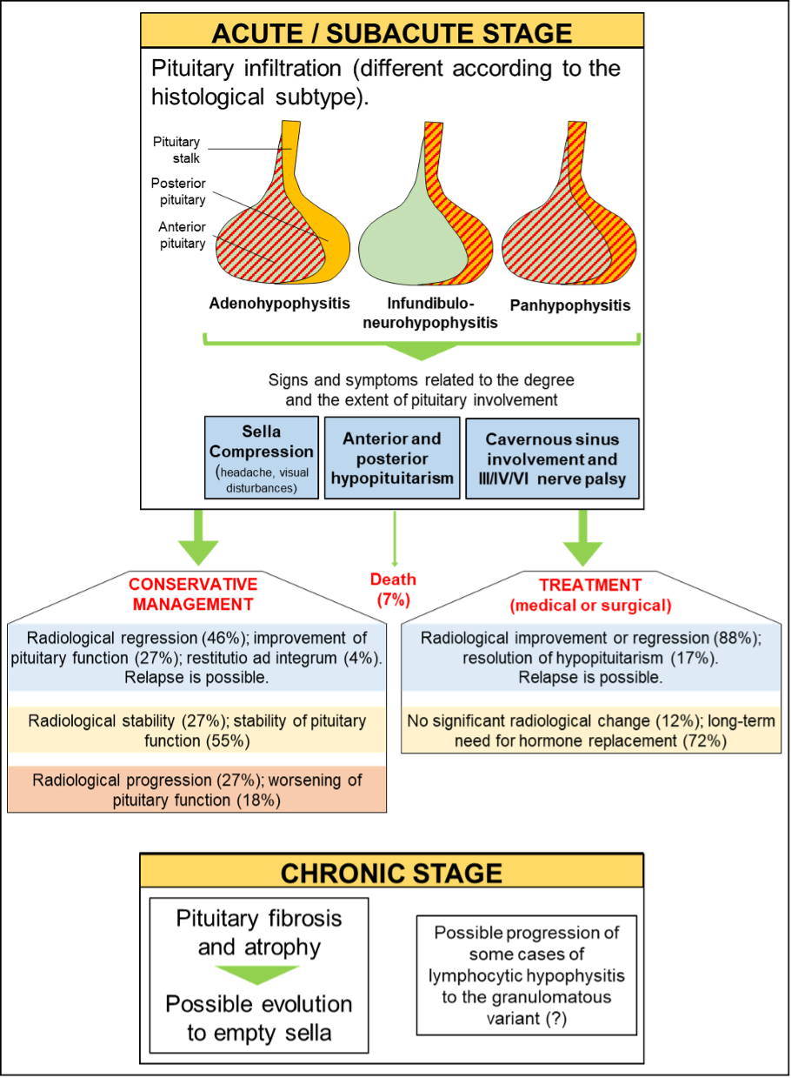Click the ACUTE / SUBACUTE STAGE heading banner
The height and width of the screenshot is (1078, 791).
pyautogui.click(x=392, y=31)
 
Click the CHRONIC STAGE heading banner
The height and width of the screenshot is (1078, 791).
pyautogui.click(x=391, y=871)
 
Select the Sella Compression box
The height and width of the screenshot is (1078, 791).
pyautogui.click(x=262, y=457)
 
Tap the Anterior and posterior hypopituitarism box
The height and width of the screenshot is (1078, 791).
pyautogui.click(x=391, y=458)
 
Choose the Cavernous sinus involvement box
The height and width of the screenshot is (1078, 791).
pyautogui.click(x=552, y=459)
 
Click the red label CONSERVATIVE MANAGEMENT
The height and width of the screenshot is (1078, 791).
pyautogui.click(x=193, y=593)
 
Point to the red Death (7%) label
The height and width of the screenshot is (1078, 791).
pyautogui.click(x=393, y=589)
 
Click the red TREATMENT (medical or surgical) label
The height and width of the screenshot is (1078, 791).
pyautogui.click(x=590, y=594)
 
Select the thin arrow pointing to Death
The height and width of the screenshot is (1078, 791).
pyautogui.click(x=395, y=539)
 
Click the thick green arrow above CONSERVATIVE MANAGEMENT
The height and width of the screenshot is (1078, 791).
pyautogui.click(x=199, y=540)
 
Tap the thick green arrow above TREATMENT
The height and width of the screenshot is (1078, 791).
pyautogui.click(x=582, y=540)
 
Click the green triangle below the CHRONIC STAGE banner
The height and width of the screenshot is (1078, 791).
pyautogui.click(x=257, y=974)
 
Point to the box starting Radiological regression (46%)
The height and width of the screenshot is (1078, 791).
pyautogui.click(x=196, y=657)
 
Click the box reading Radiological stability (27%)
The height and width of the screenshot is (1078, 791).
pyautogui.click(x=196, y=730)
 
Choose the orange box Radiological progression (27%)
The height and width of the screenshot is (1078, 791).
pyautogui.click(x=196, y=788)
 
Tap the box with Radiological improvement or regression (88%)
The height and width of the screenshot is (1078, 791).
pyautogui.click(x=590, y=657)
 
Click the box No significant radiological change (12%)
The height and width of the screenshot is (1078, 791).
pyautogui.click(x=590, y=730)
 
